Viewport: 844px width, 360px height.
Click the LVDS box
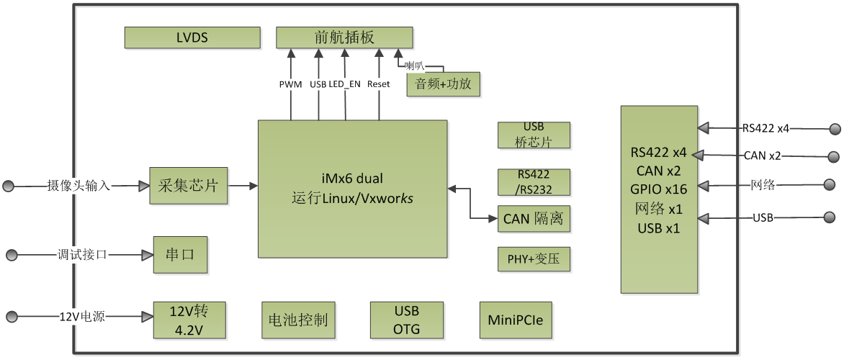pos(192,37)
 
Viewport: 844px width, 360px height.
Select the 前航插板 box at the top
pos(345,37)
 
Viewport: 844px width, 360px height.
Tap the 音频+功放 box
pos(444,84)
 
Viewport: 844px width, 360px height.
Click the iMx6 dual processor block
pos(354,189)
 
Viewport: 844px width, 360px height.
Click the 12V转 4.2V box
pos(190,322)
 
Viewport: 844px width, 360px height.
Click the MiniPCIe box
pos(516,320)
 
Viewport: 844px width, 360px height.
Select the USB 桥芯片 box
pos(534,135)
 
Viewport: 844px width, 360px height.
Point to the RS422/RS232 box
pos(534,184)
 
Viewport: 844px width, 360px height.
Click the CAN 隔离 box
pos(534,218)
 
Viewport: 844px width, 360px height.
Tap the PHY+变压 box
pos(534,259)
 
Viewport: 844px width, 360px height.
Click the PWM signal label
pos(290,84)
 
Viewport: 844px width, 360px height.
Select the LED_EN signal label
pos(345,84)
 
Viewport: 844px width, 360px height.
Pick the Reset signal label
pos(379,84)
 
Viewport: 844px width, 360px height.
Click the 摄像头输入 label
pos(79,186)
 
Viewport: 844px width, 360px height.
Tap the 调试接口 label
pos(82,255)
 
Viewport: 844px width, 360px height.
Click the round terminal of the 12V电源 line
pos(11,317)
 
